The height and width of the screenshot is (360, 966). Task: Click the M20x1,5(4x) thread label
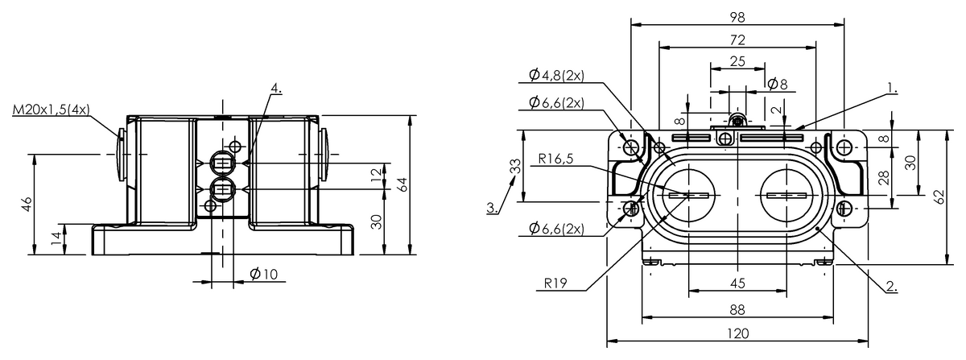point(52,110)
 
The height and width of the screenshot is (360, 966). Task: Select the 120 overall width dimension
point(738,333)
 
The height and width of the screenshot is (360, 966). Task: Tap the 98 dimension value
point(737,17)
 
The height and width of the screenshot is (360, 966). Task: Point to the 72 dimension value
point(737,40)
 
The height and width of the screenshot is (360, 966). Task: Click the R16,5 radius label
point(556,159)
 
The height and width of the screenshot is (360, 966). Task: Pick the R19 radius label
point(555,283)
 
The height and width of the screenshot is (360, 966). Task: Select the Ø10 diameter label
point(263,274)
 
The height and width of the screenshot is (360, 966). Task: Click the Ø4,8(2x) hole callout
point(556,75)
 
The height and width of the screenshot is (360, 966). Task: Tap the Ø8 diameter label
point(777,84)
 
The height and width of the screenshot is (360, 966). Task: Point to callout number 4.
point(276,88)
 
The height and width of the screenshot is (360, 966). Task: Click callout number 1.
point(892,88)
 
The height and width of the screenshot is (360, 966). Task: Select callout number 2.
point(892,286)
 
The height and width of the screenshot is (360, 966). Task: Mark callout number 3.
point(493,207)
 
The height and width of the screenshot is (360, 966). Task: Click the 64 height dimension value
point(402,184)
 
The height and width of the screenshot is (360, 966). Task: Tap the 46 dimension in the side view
point(27,204)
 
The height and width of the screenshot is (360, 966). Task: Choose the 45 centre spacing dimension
point(737,283)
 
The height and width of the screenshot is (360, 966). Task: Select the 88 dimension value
point(737,310)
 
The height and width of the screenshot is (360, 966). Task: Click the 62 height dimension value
point(940,197)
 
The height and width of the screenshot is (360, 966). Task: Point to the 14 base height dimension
point(57,238)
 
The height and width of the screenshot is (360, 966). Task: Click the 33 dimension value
point(514,166)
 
